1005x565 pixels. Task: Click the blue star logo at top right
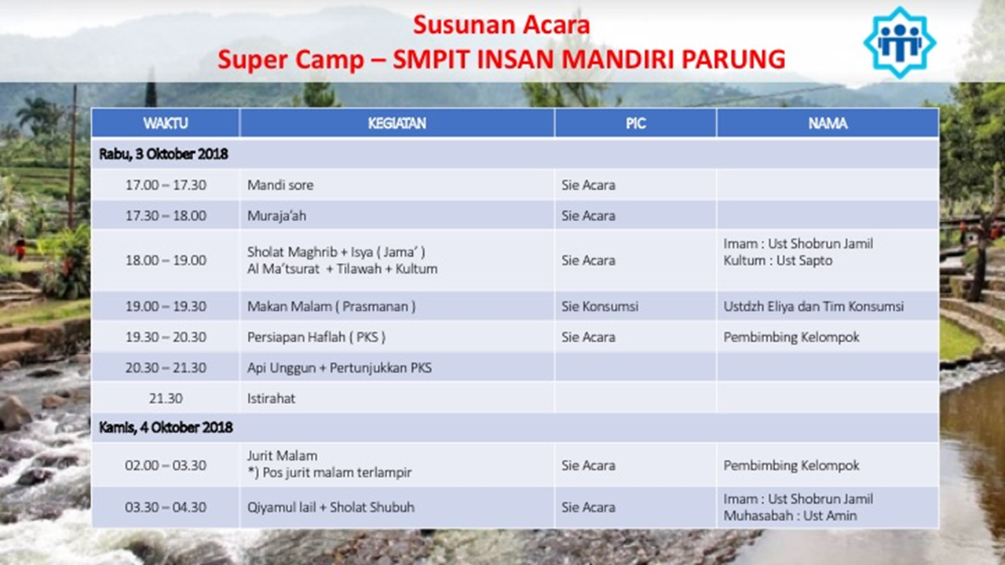point(900,42)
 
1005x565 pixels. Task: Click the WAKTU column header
point(166,123)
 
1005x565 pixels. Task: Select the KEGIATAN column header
point(397,123)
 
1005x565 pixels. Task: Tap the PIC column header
point(636,123)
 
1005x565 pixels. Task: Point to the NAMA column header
point(828,123)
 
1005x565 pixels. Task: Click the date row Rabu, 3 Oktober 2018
point(163,154)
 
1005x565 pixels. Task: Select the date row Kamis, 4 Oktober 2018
point(166,428)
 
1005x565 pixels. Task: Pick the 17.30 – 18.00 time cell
point(166,216)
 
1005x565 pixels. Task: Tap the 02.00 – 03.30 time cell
point(166,465)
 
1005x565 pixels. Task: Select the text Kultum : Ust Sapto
point(777,261)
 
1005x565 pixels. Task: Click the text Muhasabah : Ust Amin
point(790,516)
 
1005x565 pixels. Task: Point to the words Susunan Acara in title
point(501,24)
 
